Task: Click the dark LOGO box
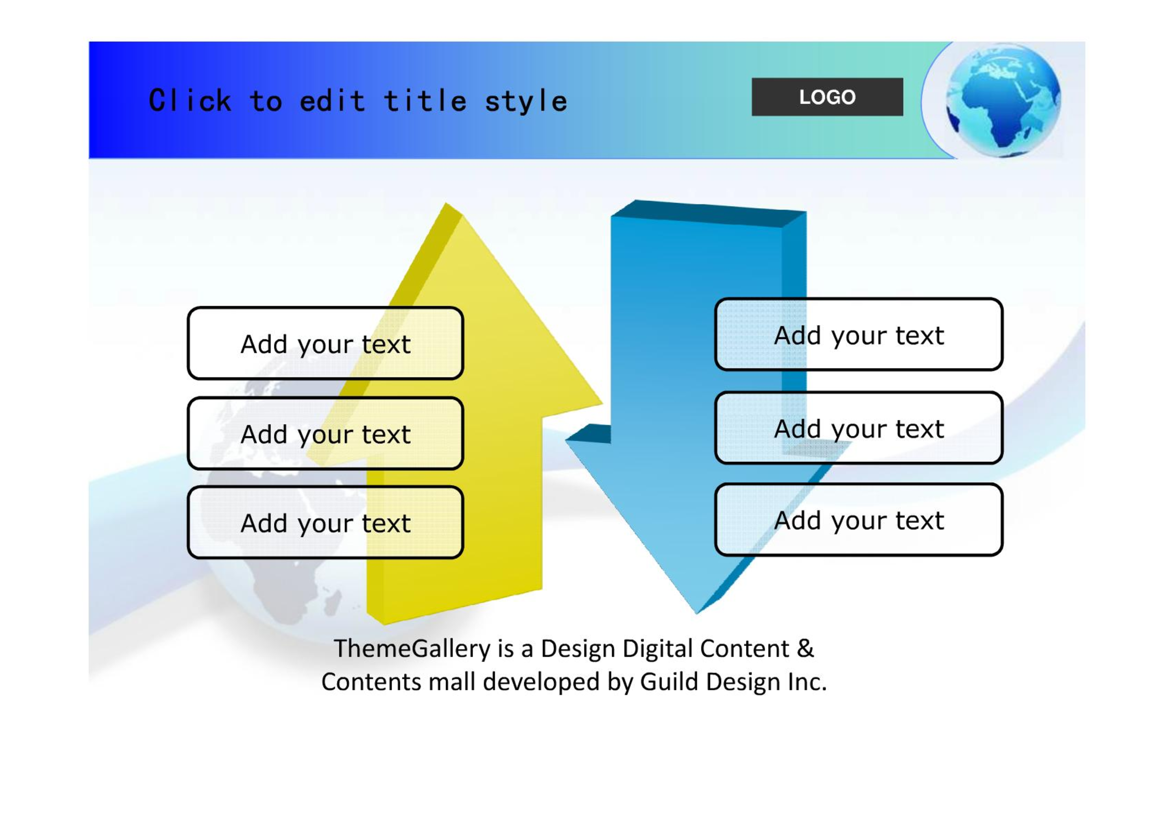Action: tap(827, 97)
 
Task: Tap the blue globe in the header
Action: tap(1003, 100)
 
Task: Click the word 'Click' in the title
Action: tap(190, 100)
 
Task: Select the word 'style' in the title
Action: tap(526, 101)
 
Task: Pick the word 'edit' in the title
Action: tap(333, 100)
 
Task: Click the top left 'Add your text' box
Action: tap(325, 343)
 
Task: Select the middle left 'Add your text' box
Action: tap(325, 433)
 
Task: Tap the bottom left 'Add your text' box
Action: tap(325, 522)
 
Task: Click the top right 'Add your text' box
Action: tap(859, 334)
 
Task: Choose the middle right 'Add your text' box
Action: tap(859, 427)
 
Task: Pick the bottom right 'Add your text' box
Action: tap(859, 520)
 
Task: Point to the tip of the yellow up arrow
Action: tap(447, 203)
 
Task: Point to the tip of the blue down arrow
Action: tap(696, 614)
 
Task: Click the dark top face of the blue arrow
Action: tap(709, 214)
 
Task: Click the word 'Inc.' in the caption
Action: tap(807, 681)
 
